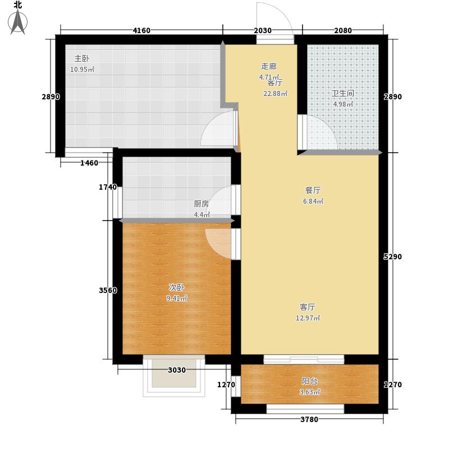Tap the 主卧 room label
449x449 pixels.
81,58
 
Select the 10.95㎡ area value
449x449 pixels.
82,70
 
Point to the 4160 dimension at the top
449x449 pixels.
141,30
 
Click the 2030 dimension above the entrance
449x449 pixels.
263,30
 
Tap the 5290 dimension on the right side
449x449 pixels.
392,256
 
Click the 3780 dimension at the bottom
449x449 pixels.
308,419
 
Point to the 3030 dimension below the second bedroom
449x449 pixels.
176,370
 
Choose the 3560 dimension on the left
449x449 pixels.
108,290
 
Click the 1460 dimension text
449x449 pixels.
89,163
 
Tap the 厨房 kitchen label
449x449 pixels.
201,204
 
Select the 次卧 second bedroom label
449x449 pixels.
176,288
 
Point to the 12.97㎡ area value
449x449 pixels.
308,318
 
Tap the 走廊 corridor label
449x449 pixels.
268,66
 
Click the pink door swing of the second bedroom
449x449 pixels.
219,241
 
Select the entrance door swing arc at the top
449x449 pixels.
275,20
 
